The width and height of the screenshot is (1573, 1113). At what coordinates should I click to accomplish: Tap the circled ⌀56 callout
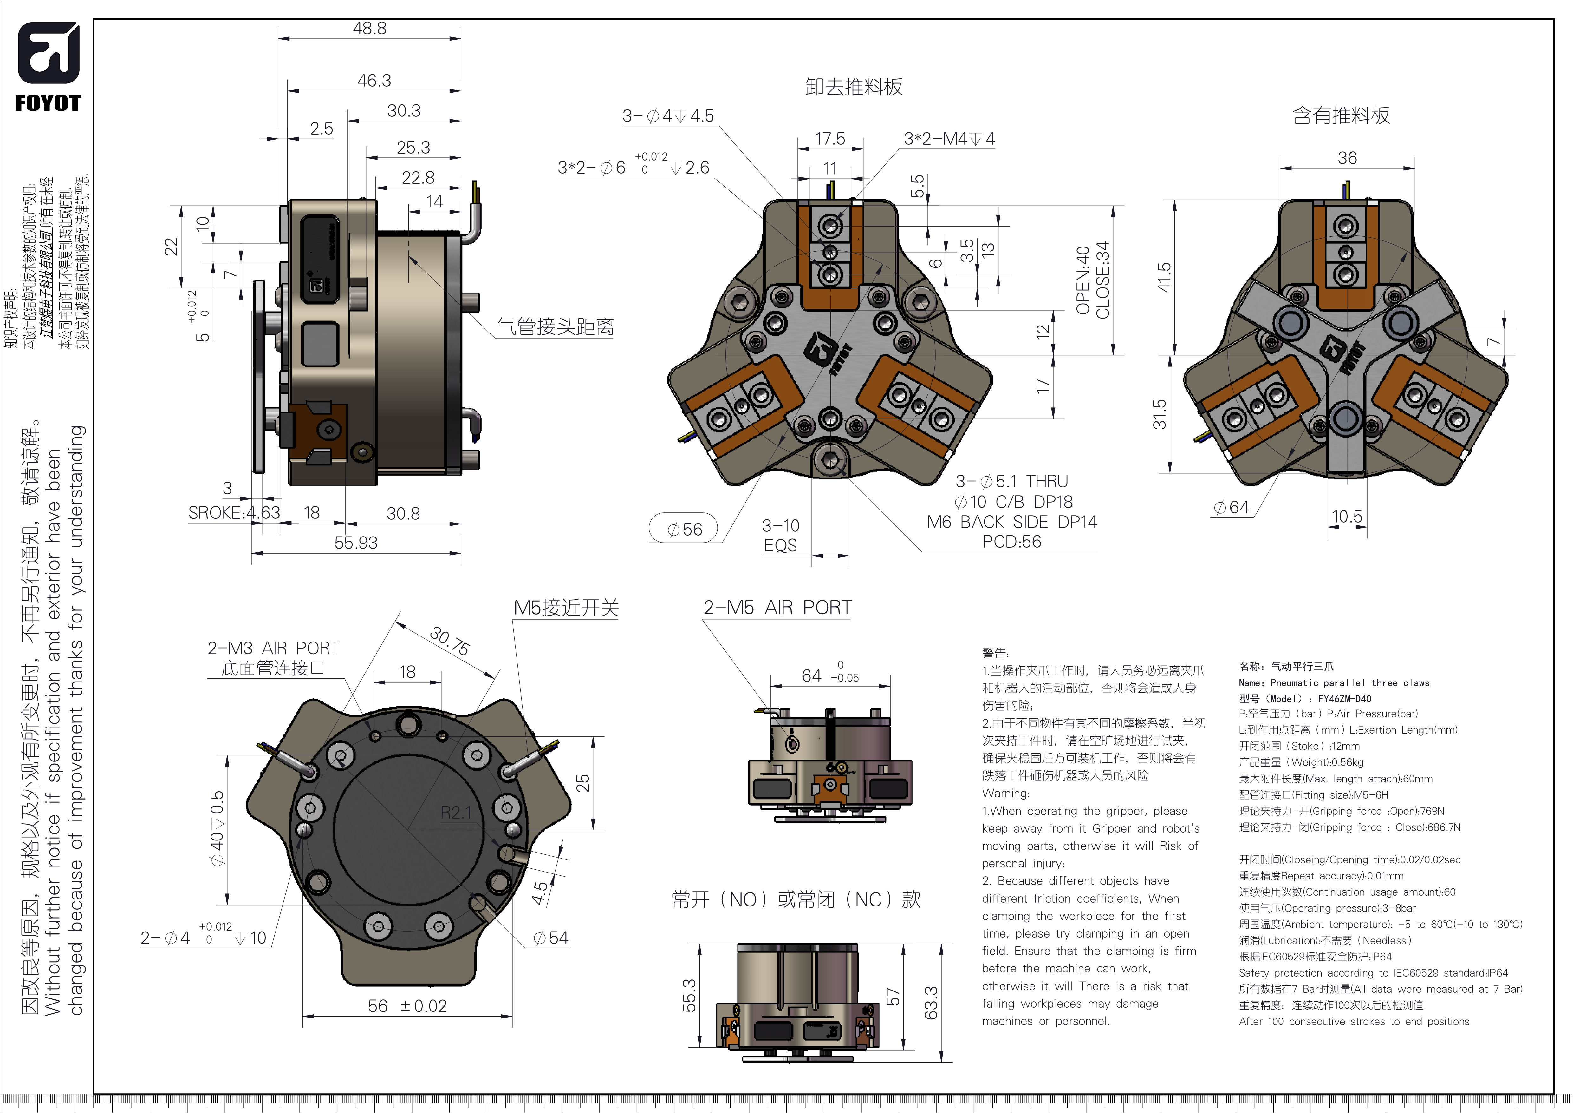click(684, 529)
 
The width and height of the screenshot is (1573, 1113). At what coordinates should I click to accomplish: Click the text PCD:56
click(1011, 541)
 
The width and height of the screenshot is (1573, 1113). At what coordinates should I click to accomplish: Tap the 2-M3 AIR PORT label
click(273, 648)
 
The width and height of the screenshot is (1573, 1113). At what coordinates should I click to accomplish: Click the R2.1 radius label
click(456, 813)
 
